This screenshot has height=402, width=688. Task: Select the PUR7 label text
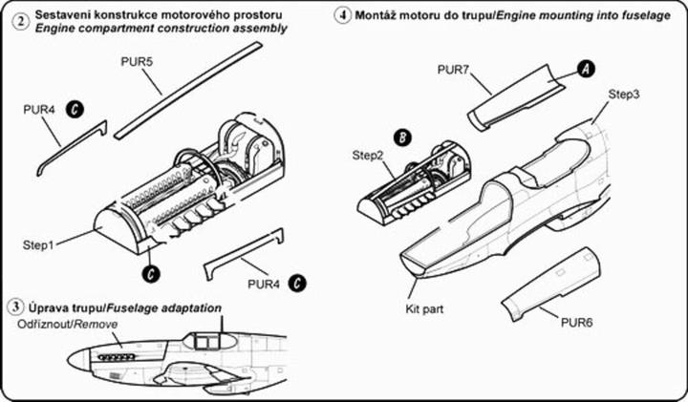point(454,69)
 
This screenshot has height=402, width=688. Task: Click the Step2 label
point(370,155)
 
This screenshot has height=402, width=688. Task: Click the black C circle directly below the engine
point(151,273)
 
